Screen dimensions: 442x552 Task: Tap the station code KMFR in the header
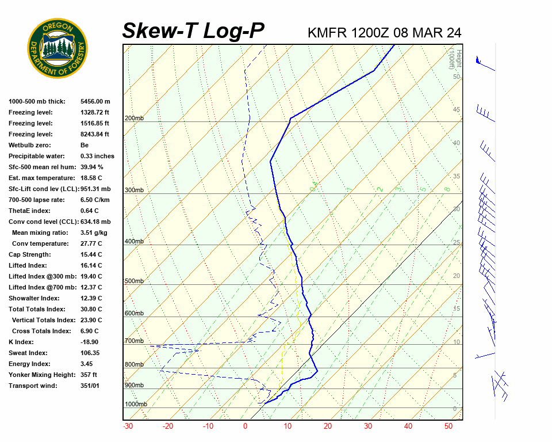pos(327,33)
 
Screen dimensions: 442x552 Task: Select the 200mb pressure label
pos(134,119)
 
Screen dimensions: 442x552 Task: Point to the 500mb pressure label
pos(134,281)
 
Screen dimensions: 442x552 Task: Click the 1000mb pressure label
pos(136,405)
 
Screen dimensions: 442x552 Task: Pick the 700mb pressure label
pos(134,341)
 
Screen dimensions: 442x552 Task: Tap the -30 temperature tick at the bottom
pos(128,426)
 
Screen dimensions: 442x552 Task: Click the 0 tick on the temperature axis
pos(246,426)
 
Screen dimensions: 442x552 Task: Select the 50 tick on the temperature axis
pos(448,426)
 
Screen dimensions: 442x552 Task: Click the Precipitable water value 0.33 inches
pos(97,156)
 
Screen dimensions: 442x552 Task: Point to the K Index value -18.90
pos(91,342)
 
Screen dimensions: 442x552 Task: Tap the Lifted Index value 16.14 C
pos(91,265)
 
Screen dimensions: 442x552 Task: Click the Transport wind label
pos(33,386)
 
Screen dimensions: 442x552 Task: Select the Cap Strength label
pos(29,254)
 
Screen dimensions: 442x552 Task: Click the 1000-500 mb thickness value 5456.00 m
pos(95,101)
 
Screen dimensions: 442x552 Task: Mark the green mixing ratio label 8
pos(446,189)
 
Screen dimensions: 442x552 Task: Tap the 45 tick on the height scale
pos(457,110)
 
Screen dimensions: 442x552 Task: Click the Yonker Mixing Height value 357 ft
pos(90,375)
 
